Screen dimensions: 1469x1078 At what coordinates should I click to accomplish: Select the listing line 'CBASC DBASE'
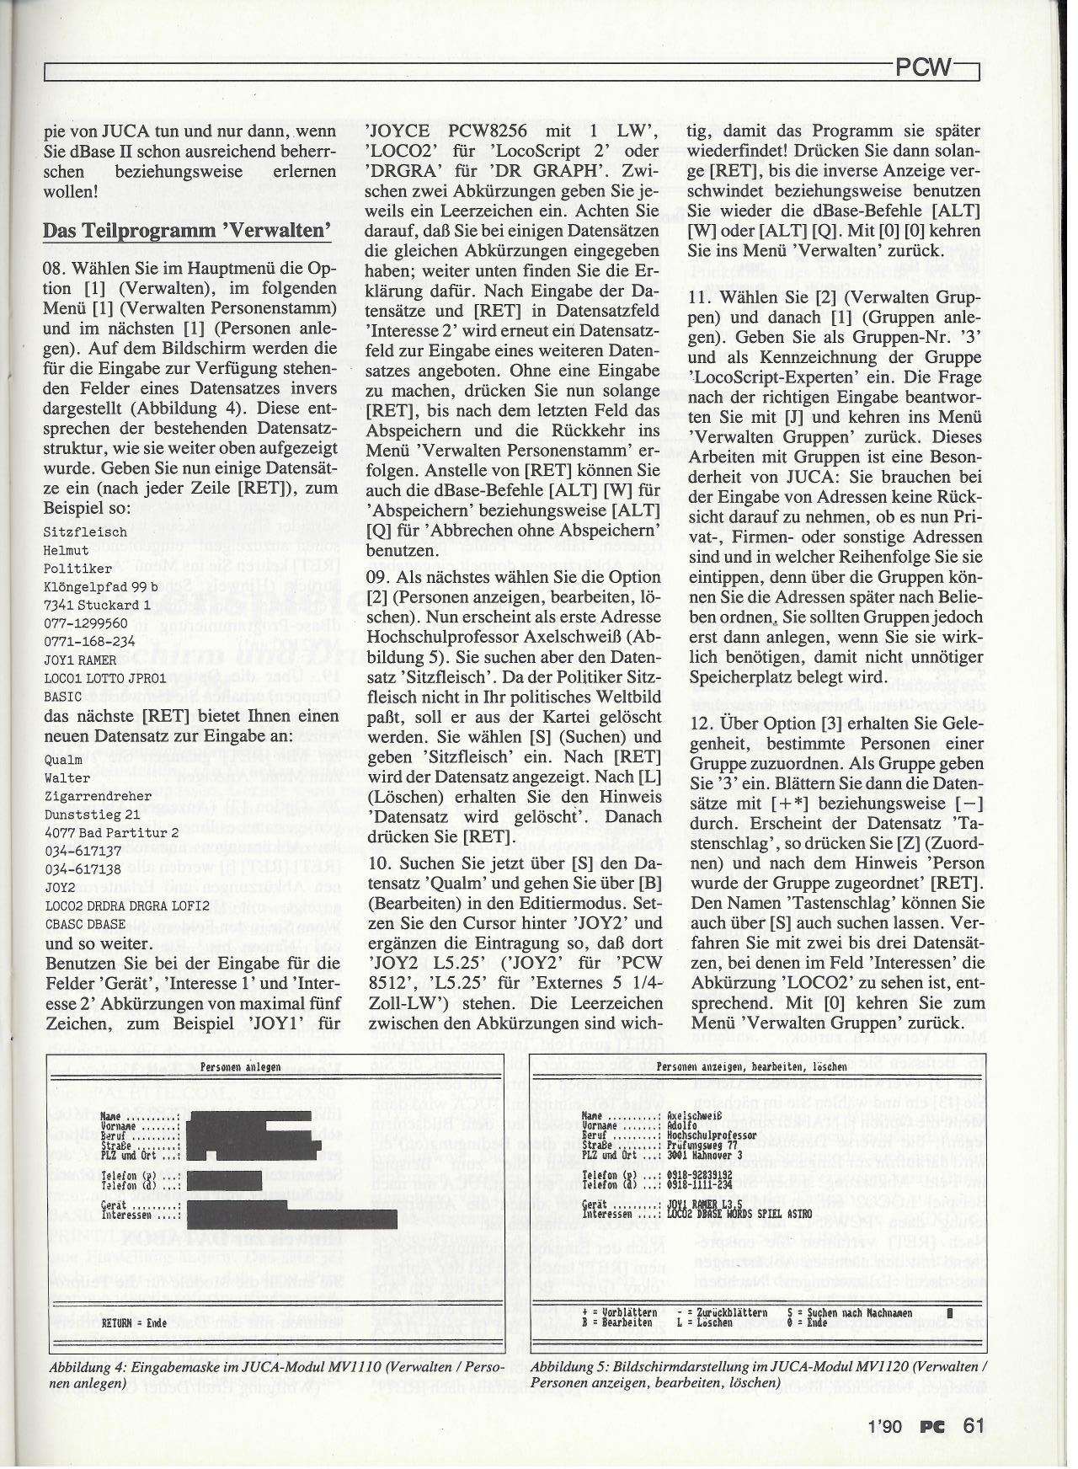(x=84, y=924)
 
